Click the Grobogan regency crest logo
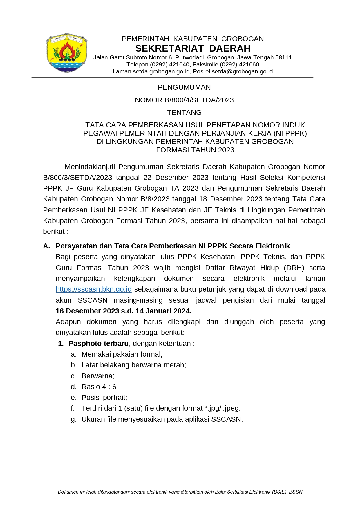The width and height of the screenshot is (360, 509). (x=67, y=53)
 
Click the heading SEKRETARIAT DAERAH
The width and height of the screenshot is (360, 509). (x=193, y=48)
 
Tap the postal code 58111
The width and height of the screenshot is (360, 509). (x=283, y=57)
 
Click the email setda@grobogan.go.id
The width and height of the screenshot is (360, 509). (x=242, y=71)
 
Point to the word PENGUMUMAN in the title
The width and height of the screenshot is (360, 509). (x=184, y=87)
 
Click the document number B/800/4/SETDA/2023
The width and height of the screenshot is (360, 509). (x=199, y=100)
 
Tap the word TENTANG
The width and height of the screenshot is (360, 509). (x=184, y=113)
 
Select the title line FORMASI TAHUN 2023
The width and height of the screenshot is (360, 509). (x=195, y=150)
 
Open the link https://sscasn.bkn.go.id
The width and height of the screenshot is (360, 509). (x=93, y=289)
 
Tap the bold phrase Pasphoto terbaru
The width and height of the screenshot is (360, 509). (x=98, y=344)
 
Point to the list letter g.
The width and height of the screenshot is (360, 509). (x=74, y=420)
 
